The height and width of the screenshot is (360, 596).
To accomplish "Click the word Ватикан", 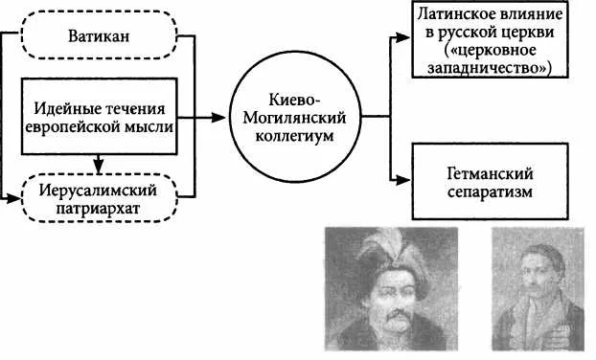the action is pos(99,36).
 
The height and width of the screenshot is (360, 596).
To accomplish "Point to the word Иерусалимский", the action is pos(98,191).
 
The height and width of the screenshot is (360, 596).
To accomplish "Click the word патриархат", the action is pos(98,209).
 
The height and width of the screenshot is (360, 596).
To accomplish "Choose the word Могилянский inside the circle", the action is pos(294,118).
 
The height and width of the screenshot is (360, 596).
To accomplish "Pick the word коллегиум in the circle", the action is pos(294,136).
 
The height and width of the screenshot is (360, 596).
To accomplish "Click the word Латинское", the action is pos(452,14).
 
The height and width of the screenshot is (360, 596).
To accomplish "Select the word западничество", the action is pos(487,68).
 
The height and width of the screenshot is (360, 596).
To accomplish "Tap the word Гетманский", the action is pos(490,173).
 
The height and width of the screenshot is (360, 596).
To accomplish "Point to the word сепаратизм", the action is pos(490,191).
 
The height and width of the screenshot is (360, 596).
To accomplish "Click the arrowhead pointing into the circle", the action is pos(218,118).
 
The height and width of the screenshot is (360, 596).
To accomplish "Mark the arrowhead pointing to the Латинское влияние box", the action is pos(402,37).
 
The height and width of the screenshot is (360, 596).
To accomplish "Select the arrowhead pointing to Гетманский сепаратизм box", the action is pos(402,180).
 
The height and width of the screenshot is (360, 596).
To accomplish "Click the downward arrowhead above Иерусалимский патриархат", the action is pos(99,166).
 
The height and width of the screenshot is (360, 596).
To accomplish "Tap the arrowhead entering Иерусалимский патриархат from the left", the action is pos(13,198).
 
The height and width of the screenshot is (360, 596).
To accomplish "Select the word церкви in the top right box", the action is pos(532,33).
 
